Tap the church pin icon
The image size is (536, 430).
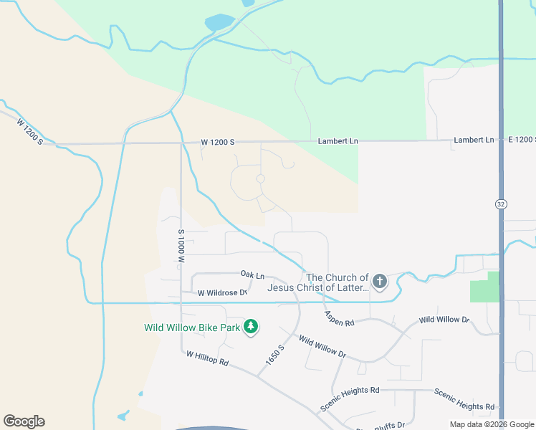pos(379,282)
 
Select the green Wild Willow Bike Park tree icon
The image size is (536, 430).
pos(251,327)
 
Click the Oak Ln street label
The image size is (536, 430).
pos(252,275)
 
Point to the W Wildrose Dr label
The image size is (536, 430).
pos(222,292)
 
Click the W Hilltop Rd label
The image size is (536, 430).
pos(206,358)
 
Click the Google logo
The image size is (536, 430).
pos(24,421)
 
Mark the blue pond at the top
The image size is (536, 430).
pos(219,23)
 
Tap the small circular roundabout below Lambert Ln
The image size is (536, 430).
pos(261,178)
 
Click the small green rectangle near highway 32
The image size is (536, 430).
pos(484,287)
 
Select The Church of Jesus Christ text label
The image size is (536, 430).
pos(317,282)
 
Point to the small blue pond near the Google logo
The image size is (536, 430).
pos(123,416)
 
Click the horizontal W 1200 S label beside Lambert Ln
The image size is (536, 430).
pos(218,142)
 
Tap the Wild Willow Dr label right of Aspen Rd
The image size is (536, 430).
pos(444,320)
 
